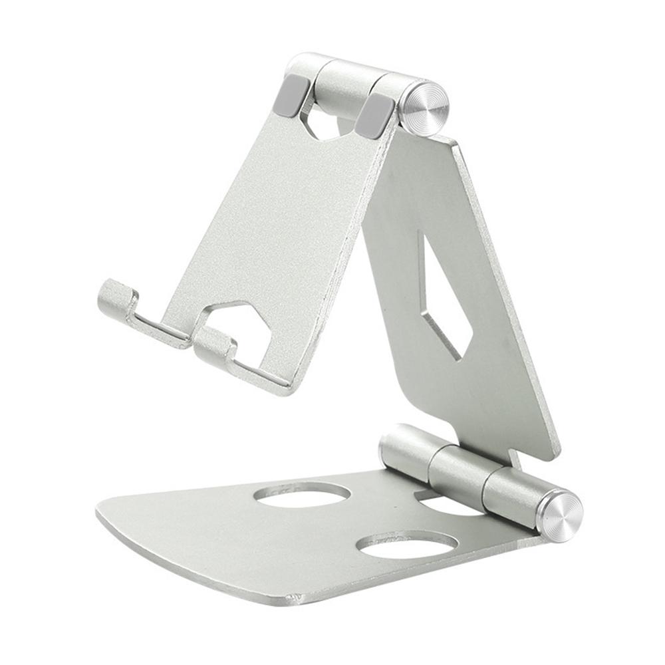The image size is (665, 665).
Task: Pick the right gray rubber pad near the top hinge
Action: click(375, 114)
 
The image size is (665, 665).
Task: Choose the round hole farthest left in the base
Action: click(303, 494)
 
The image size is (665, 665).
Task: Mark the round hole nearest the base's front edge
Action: click(406, 543)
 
